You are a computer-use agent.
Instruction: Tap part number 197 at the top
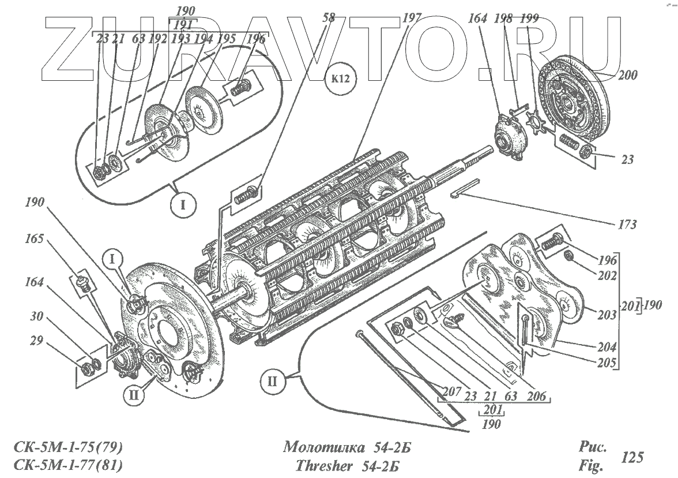pyautogui.click(x=412, y=18)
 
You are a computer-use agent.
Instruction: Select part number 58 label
pyautogui.click(x=327, y=18)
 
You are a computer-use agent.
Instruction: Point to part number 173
pyautogui.click(x=625, y=225)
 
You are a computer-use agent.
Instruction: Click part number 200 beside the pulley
pyautogui.click(x=626, y=74)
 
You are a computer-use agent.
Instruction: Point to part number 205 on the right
pyautogui.click(x=605, y=364)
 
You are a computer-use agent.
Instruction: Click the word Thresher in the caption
pyautogui.click(x=321, y=465)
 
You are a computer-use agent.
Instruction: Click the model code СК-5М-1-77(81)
pyautogui.click(x=68, y=465)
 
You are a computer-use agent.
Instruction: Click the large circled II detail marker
pyautogui.click(x=272, y=381)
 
